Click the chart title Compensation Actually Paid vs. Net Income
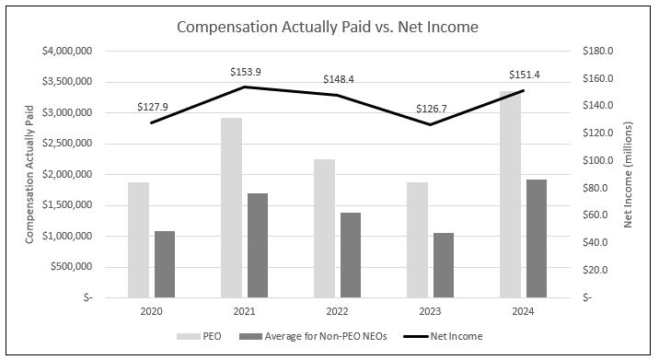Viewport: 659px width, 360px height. [328, 27]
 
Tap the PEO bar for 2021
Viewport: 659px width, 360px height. [231, 208]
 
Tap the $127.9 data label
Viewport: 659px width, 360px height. [153, 106]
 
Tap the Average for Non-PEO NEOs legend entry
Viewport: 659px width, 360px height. [318, 336]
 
